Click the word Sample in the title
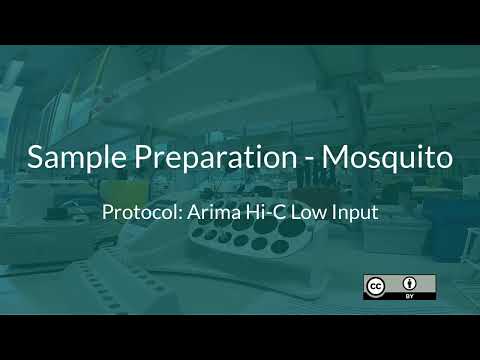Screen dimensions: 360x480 70,158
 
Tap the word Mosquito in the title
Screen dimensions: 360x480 387,158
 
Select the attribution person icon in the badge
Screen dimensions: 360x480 410,282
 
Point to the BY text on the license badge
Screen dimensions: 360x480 410,295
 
